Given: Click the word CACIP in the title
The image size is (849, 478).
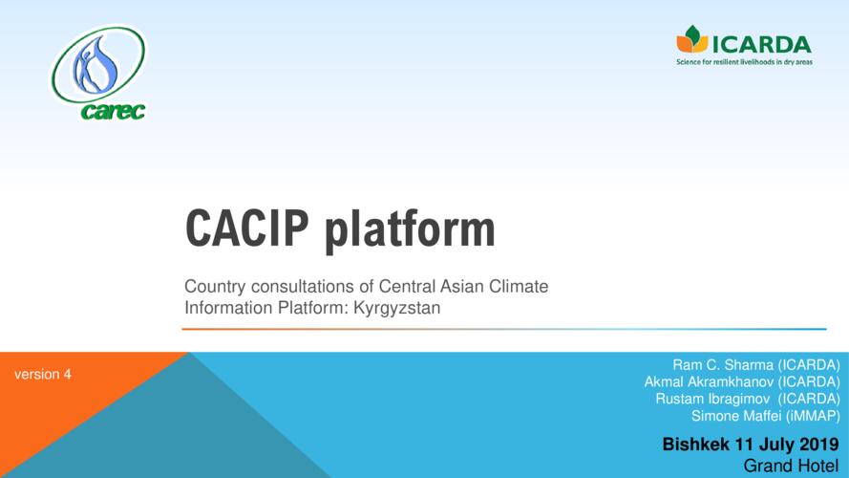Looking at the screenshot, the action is click(x=247, y=228).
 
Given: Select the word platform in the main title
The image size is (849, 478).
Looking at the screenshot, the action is click(x=410, y=230).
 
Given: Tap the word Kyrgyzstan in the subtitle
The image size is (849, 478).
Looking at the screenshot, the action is click(x=397, y=309).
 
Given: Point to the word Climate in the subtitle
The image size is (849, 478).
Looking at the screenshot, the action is click(x=519, y=286).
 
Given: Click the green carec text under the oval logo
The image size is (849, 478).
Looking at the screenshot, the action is click(x=113, y=111).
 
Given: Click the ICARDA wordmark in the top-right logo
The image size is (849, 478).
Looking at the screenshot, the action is click(x=761, y=44).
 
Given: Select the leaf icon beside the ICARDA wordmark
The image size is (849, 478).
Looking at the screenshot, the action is click(x=692, y=39).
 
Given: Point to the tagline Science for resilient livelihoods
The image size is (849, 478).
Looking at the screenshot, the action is click(x=744, y=62).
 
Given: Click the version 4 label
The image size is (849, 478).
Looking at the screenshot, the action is click(x=43, y=375).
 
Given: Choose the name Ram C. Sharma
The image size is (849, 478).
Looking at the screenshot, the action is click(x=723, y=365).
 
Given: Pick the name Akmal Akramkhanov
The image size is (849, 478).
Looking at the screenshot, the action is click(x=709, y=382).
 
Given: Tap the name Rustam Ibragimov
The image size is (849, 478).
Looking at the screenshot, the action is click(x=712, y=399).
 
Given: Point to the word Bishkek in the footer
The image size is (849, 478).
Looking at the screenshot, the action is click(x=696, y=445).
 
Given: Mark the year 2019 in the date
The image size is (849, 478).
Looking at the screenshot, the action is click(x=818, y=445).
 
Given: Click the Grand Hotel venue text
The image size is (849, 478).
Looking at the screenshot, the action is click(x=791, y=466).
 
